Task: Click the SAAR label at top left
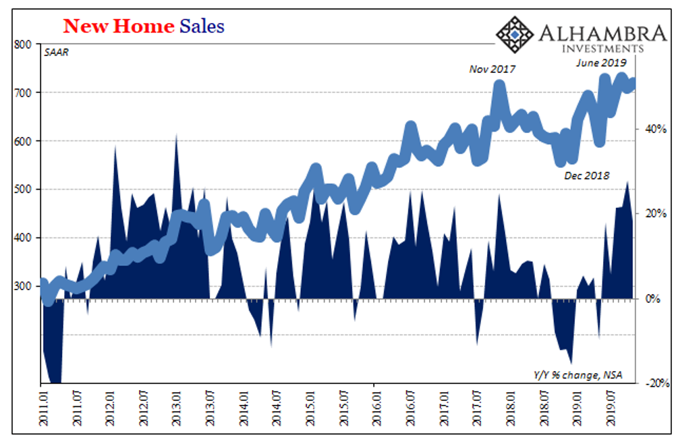(x=57, y=52)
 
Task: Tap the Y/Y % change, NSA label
(x=578, y=375)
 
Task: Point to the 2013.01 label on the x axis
(x=177, y=408)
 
